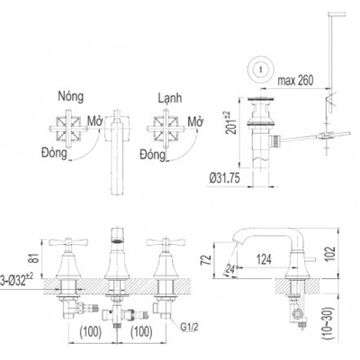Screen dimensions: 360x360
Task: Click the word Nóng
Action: [72, 94]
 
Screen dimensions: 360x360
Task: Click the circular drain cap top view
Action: [261, 67]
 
